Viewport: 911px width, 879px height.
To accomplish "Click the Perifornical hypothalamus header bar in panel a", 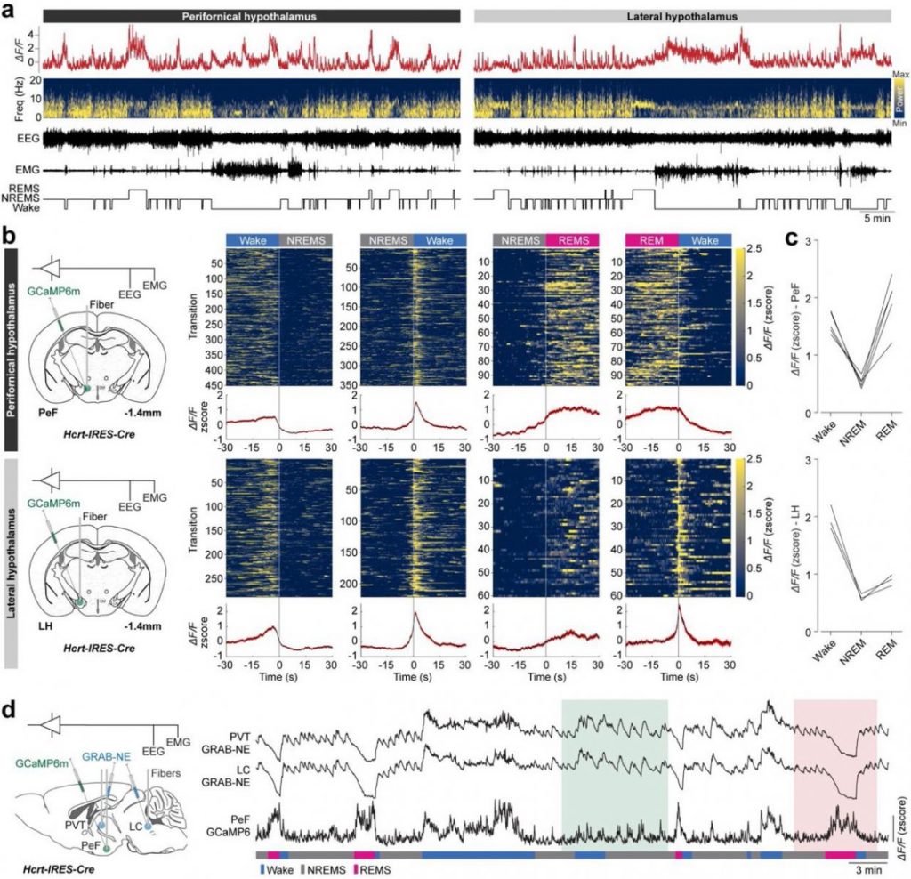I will point(251,16).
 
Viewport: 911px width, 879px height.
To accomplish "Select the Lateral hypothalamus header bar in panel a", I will point(682,16).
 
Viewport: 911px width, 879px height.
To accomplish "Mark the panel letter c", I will point(778,237).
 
